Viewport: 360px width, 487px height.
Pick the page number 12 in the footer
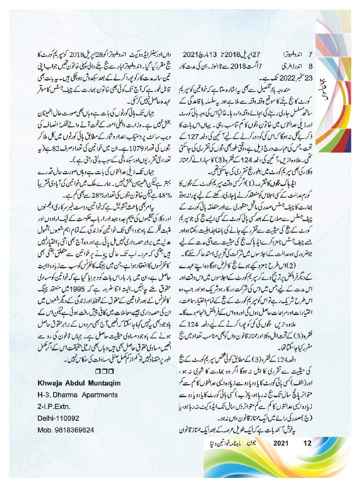[308, 443]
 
